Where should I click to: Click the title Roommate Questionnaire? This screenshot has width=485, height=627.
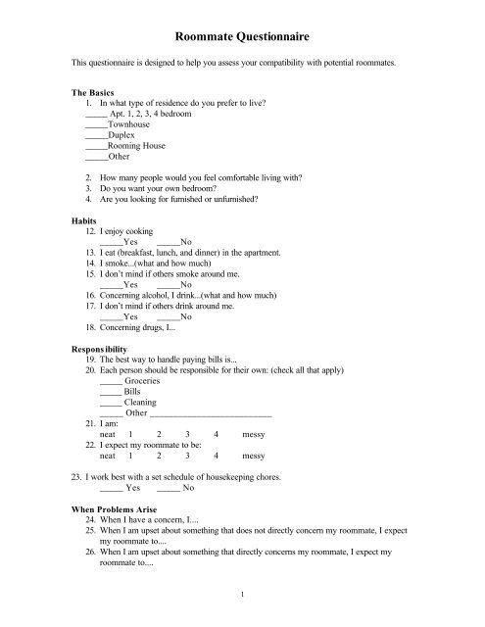[242, 36]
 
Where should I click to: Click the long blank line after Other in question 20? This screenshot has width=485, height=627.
[217, 415]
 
